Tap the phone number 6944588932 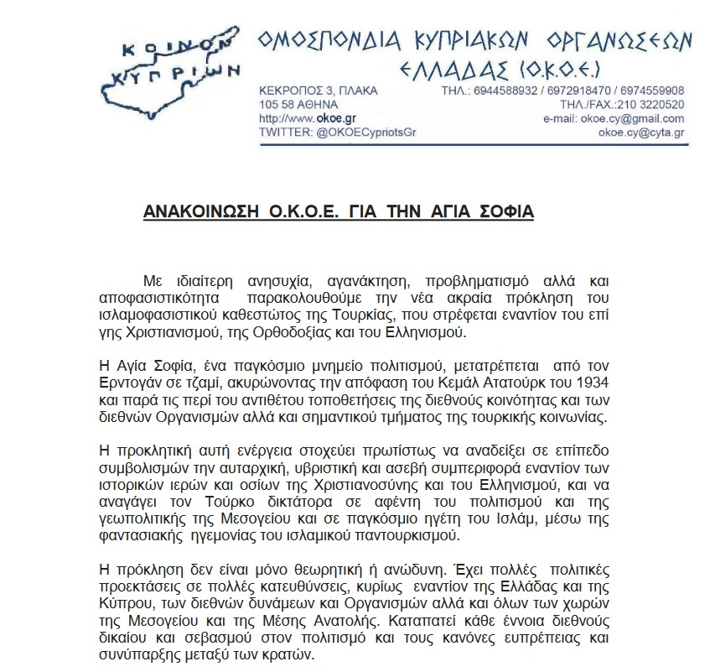click(x=502, y=91)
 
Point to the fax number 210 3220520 click(x=650, y=105)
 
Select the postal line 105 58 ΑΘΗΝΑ click(x=299, y=105)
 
